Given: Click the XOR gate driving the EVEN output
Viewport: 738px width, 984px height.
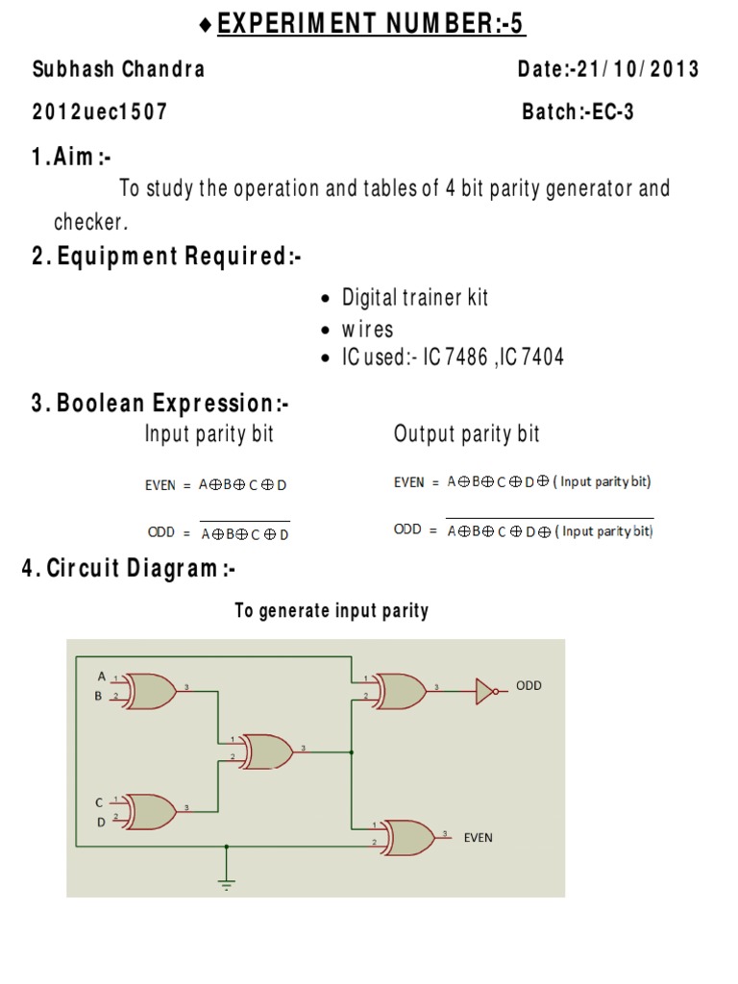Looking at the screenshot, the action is pos(408,837).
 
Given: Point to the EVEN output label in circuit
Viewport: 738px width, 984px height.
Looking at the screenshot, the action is pos(478,838).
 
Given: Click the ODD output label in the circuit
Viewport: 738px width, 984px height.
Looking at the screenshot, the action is pos(529,686).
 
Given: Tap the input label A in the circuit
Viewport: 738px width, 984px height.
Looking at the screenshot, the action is pos(101,676).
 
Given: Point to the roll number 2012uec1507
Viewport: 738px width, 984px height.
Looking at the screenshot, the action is pos(100,111).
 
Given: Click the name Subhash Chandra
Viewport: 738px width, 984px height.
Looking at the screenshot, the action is pos(118,69).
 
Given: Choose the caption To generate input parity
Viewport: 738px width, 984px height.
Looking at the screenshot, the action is pos(332,611).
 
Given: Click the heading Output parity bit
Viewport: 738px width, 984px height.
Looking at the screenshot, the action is pos(466,434).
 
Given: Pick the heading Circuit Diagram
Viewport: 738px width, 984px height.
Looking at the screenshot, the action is pos(129,569).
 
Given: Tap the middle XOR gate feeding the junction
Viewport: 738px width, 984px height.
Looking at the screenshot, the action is pos(268,750).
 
